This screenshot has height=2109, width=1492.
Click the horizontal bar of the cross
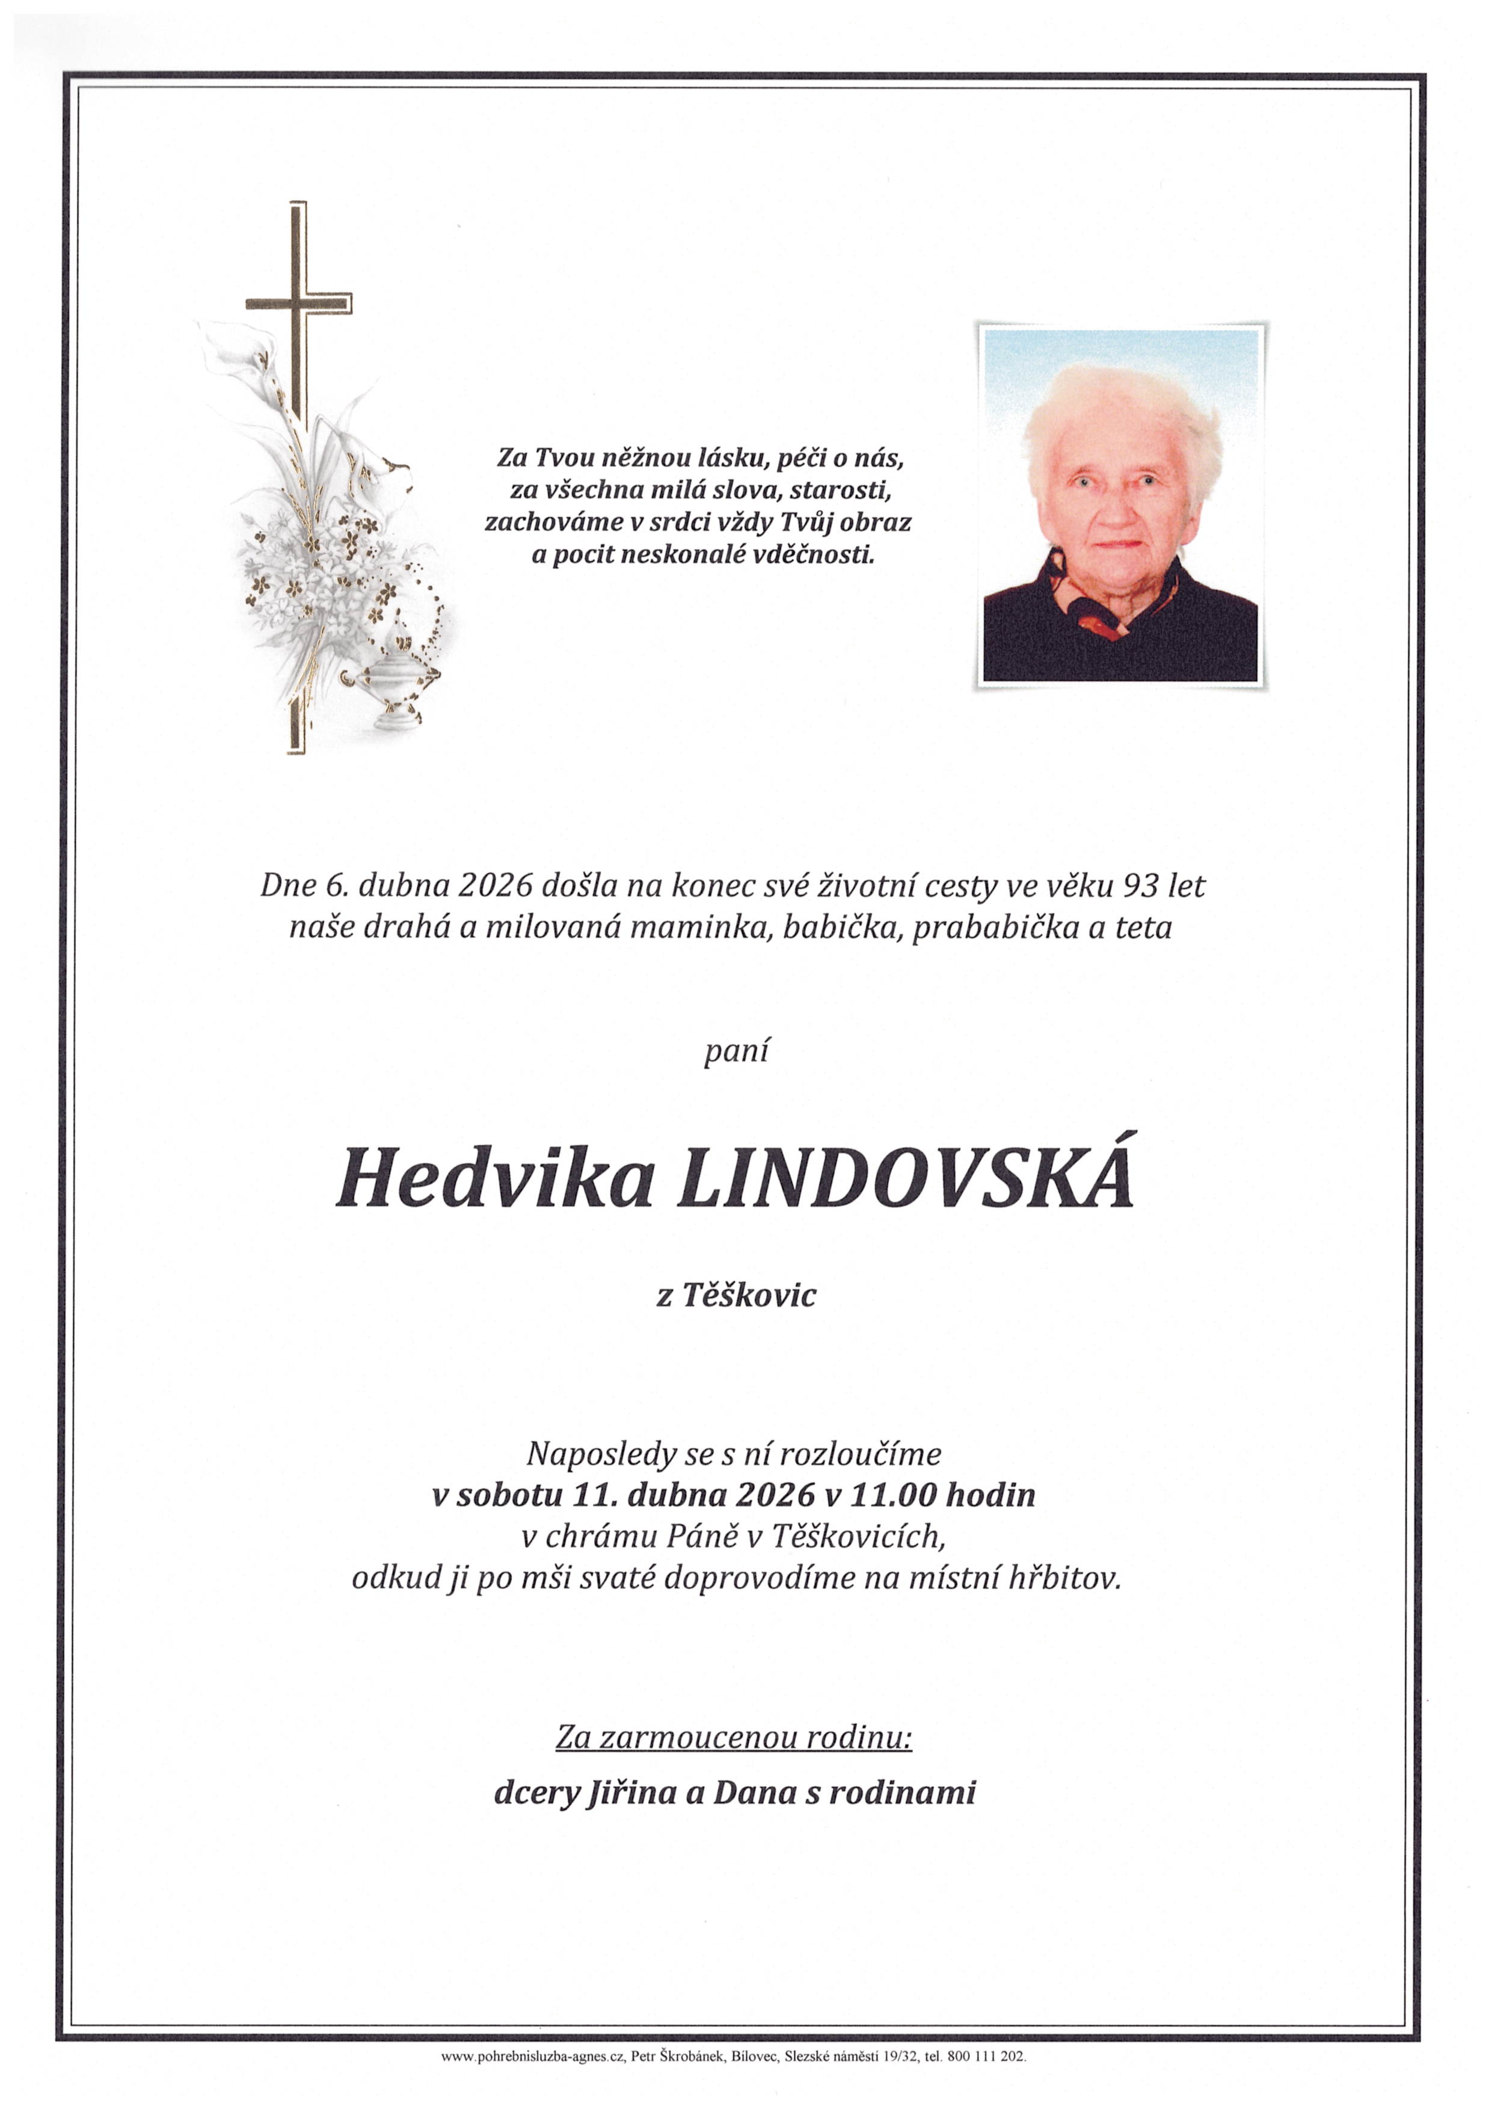(x=299, y=303)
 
